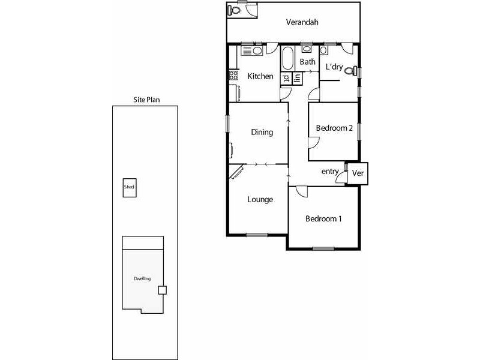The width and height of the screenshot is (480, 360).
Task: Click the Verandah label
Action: (x=302, y=23)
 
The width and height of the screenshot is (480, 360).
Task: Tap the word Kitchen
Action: (x=260, y=77)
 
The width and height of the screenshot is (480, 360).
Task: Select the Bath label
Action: (x=308, y=62)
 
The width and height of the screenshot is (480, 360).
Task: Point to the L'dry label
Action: (x=334, y=67)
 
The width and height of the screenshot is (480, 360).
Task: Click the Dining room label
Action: (x=262, y=133)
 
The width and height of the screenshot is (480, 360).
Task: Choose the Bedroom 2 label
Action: (x=334, y=128)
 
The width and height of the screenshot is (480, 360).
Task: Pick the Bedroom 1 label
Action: (x=323, y=219)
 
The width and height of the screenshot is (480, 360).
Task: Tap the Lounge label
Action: (x=260, y=200)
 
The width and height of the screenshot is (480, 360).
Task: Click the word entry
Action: (x=330, y=172)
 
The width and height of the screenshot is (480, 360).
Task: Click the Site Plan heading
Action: (x=146, y=100)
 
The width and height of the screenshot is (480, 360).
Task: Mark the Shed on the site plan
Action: (x=129, y=187)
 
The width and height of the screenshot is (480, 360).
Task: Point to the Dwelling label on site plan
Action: (x=142, y=279)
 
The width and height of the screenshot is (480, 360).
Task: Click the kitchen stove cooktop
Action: (x=233, y=76)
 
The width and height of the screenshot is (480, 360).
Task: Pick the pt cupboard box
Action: (x=286, y=78)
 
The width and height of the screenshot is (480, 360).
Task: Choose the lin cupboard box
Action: (x=296, y=78)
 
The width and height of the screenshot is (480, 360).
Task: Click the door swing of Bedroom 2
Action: (x=314, y=143)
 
